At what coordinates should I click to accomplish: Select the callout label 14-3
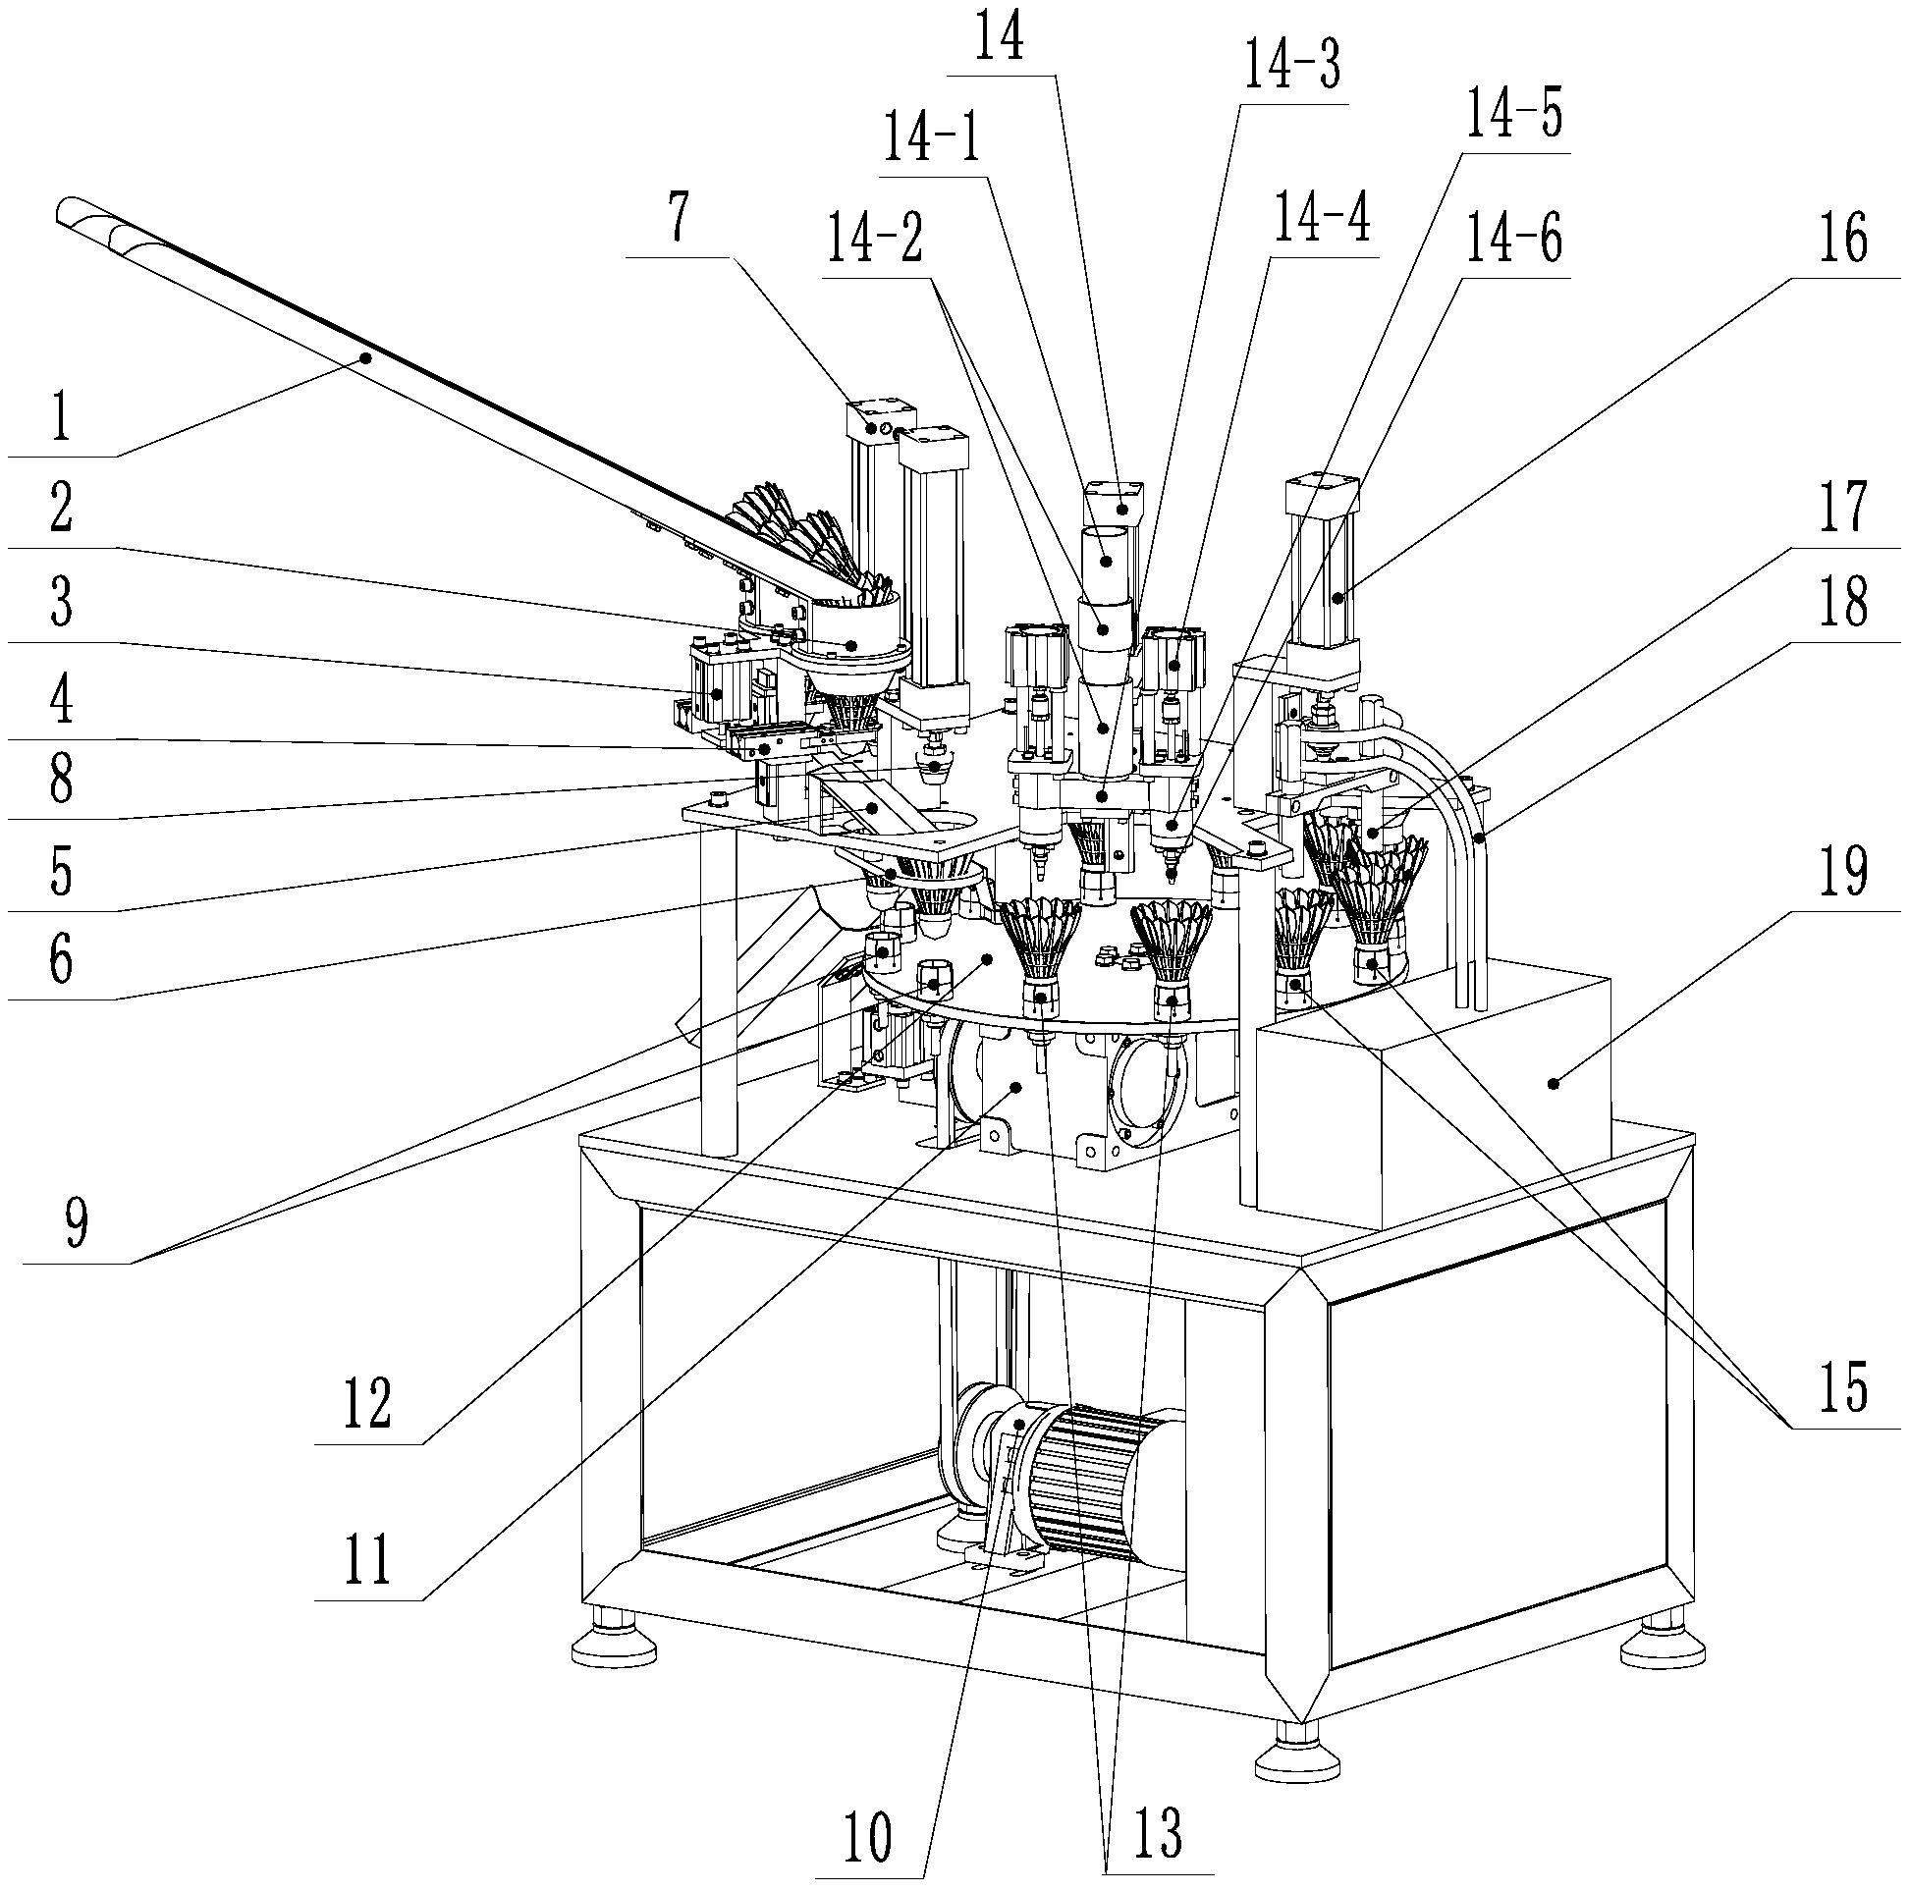(1290, 67)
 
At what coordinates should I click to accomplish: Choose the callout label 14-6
(1513, 242)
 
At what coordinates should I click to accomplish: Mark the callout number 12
(368, 1403)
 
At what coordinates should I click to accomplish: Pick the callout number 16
(1844, 241)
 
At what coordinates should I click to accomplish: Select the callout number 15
(1844, 1386)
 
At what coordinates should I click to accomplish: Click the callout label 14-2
(875, 242)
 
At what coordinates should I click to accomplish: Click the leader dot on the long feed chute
(365, 357)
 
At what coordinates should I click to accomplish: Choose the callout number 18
(1844, 600)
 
